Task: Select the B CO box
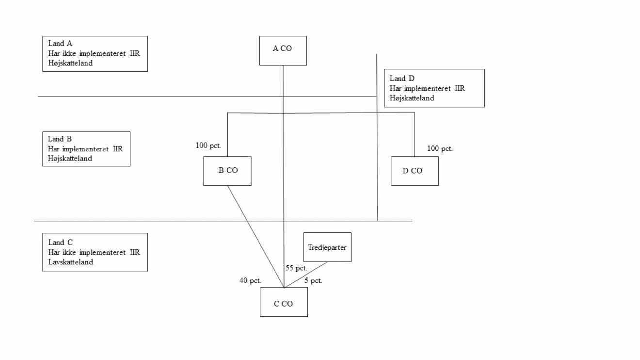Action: (227, 171)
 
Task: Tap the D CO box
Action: (415, 171)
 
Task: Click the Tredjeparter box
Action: (327, 247)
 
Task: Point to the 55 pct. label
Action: (296, 268)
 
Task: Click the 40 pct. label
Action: (250, 280)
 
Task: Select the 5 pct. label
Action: (313, 280)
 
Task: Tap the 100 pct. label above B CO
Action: (208, 146)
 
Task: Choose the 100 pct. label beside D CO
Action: (440, 148)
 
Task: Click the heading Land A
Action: (60, 44)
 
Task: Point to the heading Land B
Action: (60, 139)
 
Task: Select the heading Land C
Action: (60, 243)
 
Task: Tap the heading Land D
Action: (402, 79)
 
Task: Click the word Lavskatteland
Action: (71, 262)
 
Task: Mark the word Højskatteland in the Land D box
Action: (412, 98)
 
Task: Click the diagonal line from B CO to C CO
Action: (256, 236)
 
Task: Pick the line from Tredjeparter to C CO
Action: (305, 275)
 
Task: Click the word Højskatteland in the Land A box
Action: (71, 63)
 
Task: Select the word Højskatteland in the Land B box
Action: (70, 159)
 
